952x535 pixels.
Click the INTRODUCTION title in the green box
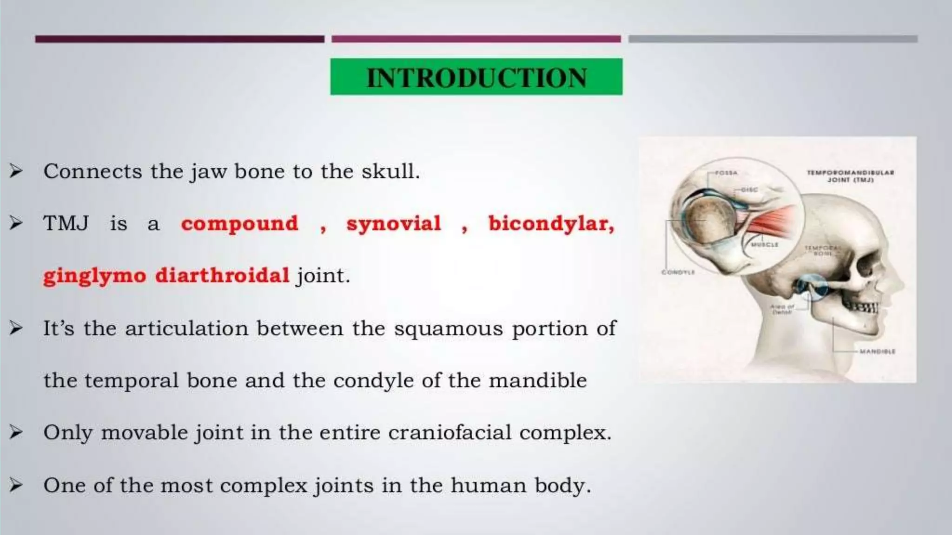pyautogui.click(x=476, y=77)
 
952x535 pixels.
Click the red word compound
pyautogui.click(x=239, y=224)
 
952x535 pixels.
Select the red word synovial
pyautogui.click(x=393, y=224)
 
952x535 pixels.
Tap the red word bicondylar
pyautogui.click(x=551, y=224)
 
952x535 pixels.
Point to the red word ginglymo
pyautogui.click(x=95, y=276)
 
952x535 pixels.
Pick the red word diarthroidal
pyautogui.click(x=222, y=275)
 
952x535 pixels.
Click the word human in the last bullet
pyautogui.click(x=488, y=486)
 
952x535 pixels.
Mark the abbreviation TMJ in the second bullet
pyautogui.click(x=66, y=224)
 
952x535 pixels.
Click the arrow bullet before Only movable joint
pyautogui.click(x=16, y=433)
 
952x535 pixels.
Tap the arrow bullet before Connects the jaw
pyautogui.click(x=16, y=172)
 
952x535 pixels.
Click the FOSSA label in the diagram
pyautogui.click(x=726, y=173)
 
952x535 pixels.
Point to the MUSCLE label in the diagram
pyautogui.click(x=764, y=244)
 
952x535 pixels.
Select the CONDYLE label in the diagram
pyautogui.click(x=678, y=272)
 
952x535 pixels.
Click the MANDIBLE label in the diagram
pyautogui.click(x=877, y=352)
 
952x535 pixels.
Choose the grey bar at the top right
pyautogui.click(x=773, y=39)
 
